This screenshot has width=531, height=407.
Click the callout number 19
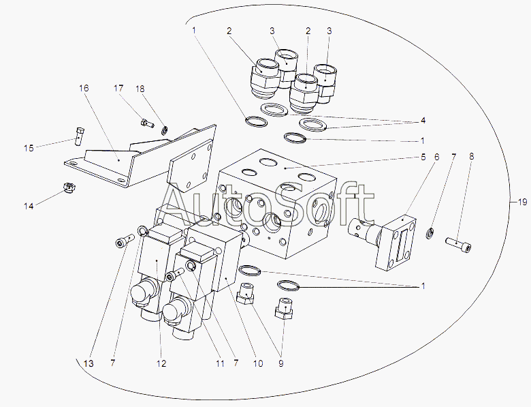[x=521, y=202]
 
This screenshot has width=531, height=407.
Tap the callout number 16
[x=84, y=89]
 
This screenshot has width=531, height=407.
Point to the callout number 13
[x=88, y=364]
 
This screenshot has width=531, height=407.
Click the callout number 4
[x=423, y=121]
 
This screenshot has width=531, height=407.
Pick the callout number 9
[x=281, y=364]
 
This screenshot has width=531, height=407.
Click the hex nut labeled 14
[x=69, y=186]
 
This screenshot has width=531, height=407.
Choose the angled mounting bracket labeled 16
[x=136, y=157]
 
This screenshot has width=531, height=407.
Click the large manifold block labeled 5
[x=279, y=205]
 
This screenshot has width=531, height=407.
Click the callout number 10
[x=257, y=364]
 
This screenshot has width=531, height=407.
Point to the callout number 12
[x=161, y=364]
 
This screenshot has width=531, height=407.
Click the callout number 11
[x=220, y=364]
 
